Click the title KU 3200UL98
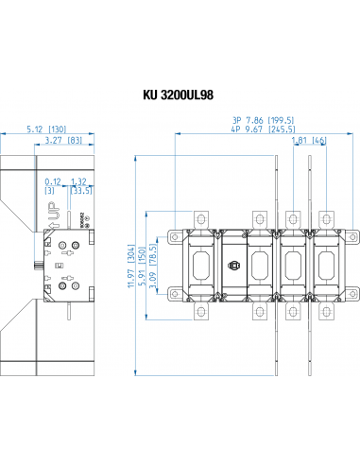click(180, 95)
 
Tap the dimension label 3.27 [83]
click(60, 141)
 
